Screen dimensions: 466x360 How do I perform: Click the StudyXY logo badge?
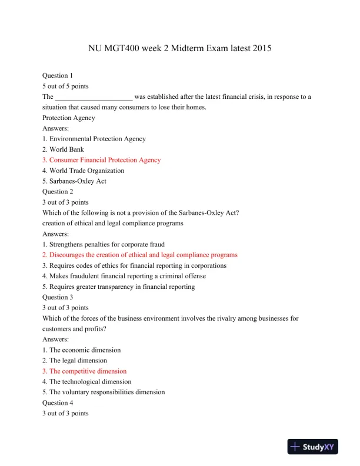[314, 447]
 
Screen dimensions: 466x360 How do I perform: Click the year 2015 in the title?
[259, 48]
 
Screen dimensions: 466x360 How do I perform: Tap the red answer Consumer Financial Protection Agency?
[101, 160]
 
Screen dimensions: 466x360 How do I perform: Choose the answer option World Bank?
[63, 149]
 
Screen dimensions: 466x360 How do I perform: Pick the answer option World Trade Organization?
[83, 171]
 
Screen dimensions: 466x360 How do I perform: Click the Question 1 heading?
[58, 75]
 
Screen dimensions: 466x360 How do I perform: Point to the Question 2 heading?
[58, 192]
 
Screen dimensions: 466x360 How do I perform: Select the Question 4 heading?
[58, 402]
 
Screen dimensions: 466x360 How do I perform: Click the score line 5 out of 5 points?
[65, 86]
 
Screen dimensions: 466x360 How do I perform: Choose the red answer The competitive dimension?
[84, 371]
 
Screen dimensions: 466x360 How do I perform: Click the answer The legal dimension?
[74, 361]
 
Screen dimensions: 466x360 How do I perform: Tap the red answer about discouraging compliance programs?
[139, 255]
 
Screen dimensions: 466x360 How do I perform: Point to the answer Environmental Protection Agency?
[94, 139]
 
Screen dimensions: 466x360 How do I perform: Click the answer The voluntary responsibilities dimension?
[104, 392]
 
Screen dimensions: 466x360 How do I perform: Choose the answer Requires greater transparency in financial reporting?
[118, 287]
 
